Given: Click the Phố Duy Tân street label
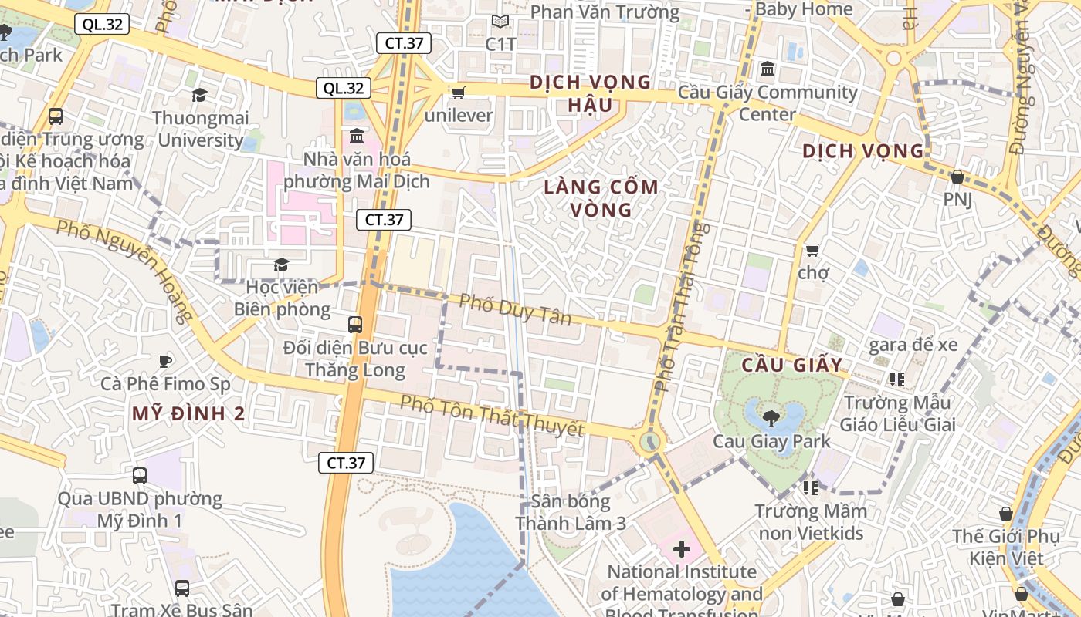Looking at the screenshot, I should [515, 309].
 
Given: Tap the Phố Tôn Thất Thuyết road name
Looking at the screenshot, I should [491, 415].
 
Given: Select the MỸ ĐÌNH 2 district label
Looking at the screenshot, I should [188, 413].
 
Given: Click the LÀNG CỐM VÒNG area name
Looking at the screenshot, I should [601, 198].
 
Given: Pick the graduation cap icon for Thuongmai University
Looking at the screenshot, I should [200, 95].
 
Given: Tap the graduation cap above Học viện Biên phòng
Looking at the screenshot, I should [281, 265].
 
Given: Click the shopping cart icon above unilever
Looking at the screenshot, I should [458, 93].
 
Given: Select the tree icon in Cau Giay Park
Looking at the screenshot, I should [770, 418].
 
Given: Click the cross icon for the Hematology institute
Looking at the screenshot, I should [681, 549].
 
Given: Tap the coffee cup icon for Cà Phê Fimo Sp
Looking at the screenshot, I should [164, 360].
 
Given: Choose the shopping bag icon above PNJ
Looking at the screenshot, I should [957, 177].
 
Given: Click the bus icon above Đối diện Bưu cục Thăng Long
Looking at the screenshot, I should [355, 325].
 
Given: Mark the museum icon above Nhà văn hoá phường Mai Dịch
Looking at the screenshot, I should [357, 137].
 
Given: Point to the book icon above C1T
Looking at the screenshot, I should [500, 22].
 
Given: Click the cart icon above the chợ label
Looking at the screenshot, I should [812, 250].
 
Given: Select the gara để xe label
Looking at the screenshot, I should [913, 345].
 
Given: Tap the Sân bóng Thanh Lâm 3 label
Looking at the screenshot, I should [571, 512].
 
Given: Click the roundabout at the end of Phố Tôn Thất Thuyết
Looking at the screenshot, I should [651, 442].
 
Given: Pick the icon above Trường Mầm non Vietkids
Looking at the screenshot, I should [810, 487].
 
